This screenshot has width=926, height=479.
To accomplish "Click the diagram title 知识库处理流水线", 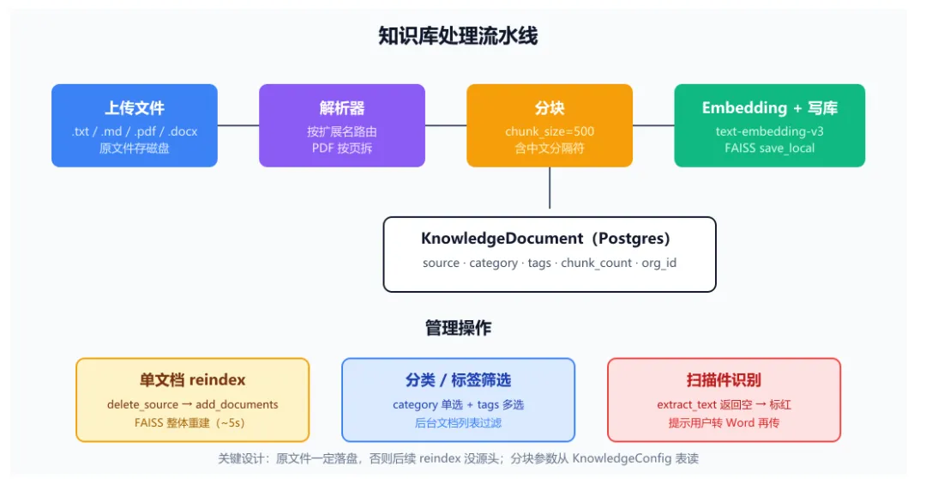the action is [x=458, y=36].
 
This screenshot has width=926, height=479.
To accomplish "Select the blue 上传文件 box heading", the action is [x=135, y=108].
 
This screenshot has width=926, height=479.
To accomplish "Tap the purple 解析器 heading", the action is [x=342, y=108].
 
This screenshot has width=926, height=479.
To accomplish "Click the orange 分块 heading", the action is [x=550, y=108].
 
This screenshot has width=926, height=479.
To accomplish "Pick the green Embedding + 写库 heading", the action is [x=769, y=107].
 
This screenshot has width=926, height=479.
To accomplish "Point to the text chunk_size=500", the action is [x=550, y=131].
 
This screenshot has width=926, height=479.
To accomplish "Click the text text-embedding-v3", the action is [x=769, y=131].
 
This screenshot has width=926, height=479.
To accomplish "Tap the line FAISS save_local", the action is [x=769, y=148].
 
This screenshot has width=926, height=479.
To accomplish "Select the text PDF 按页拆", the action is [x=342, y=148].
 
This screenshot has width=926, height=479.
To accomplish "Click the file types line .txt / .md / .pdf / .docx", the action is [x=135, y=131].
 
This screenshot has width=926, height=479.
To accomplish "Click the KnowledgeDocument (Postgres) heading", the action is [x=545, y=239].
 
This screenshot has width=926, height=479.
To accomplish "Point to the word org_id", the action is [x=659, y=264].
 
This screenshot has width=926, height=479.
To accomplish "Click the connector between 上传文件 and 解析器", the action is [x=238, y=125].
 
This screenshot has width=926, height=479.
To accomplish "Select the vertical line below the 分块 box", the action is [x=550, y=188].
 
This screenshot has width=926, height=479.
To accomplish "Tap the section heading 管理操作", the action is [x=458, y=328].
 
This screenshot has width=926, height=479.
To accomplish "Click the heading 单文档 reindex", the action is [x=193, y=379].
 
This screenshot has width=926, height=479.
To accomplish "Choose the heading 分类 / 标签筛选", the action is [x=458, y=379].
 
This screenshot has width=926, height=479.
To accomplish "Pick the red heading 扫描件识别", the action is [x=724, y=379].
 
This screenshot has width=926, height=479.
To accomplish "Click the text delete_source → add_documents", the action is [x=193, y=404].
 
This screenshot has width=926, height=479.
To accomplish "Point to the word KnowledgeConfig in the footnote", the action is [x=622, y=458].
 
